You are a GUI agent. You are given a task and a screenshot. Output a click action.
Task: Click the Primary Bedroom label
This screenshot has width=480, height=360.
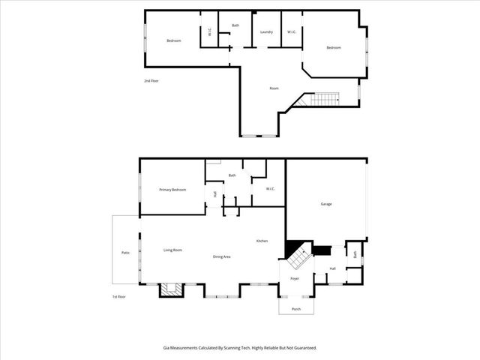click(172, 190)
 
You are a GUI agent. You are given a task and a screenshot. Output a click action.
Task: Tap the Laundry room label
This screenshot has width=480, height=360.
click(266, 32)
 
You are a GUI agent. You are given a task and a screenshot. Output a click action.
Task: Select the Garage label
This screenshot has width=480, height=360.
click(326, 204)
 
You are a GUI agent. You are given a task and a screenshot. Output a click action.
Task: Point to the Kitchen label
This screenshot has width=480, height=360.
click(262, 241)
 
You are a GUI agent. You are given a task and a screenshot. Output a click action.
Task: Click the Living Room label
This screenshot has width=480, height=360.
click(173, 250)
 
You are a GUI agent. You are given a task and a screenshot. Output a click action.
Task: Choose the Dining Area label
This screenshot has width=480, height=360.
click(221, 257)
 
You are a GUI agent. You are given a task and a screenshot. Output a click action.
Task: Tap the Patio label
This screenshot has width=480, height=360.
click(126, 253)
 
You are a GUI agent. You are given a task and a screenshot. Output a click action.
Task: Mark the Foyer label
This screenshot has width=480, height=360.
click(295, 278)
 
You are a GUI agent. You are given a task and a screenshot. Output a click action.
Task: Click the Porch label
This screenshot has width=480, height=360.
click(295, 308)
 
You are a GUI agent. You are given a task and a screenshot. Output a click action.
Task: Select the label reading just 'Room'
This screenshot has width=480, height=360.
click(274, 88)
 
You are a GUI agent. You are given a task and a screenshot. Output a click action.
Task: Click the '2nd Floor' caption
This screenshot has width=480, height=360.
click(151, 81)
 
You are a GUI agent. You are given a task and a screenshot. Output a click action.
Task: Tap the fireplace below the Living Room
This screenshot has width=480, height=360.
click(171, 289)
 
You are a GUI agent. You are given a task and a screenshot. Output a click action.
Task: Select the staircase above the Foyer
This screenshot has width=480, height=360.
click(298, 257)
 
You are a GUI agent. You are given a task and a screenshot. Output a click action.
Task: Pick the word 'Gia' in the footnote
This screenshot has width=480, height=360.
click(166, 347)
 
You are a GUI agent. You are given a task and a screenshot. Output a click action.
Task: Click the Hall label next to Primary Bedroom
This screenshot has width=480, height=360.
click(214, 194)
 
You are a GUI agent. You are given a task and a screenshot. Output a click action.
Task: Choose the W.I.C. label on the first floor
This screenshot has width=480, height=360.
click(270, 188)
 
